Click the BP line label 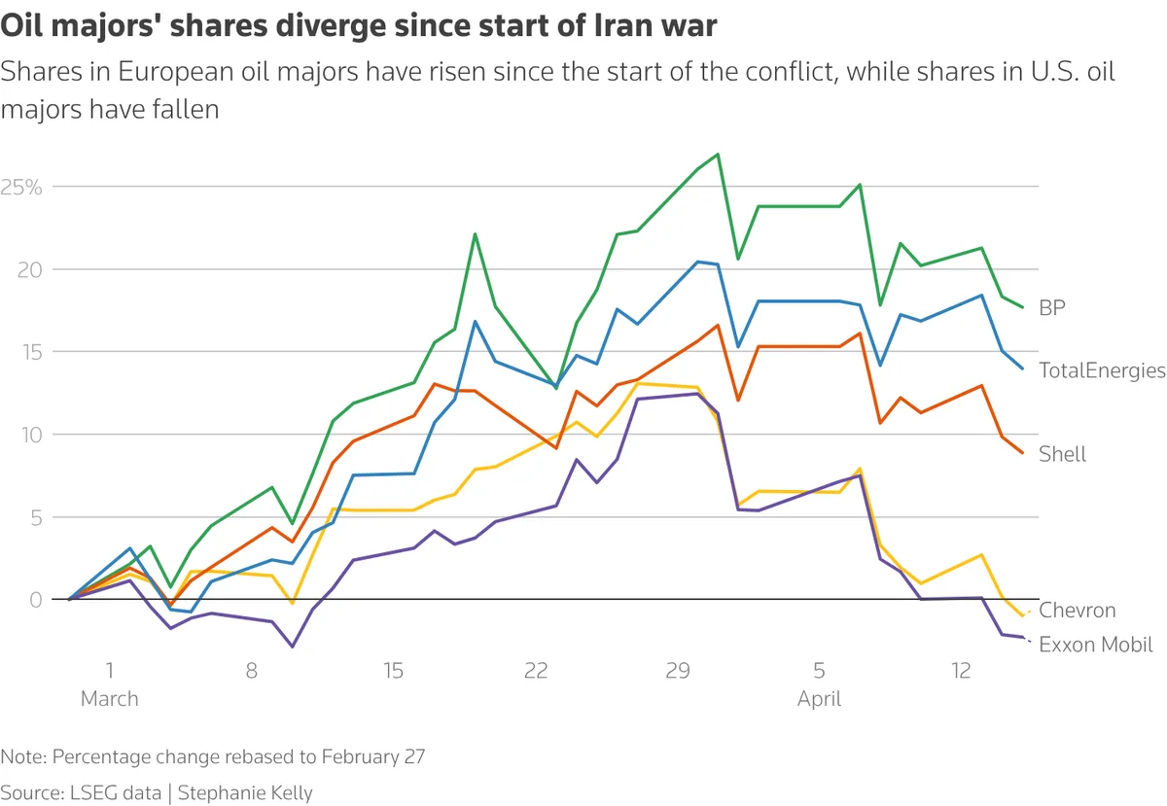(x=1052, y=308)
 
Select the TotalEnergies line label (x=1101, y=370)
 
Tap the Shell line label (x=1062, y=454)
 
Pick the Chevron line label (x=1077, y=611)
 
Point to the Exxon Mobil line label (x=1095, y=644)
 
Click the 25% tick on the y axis (x=20, y=187)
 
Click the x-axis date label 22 (x=536, y=671)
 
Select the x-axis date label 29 (x=678, y=671)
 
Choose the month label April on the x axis (x=819, y=699)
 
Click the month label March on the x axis (x=109, y=699)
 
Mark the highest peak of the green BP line (x=717, y=154)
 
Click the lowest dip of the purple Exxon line (x=292, y=647)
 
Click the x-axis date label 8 (x=251, y=671)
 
